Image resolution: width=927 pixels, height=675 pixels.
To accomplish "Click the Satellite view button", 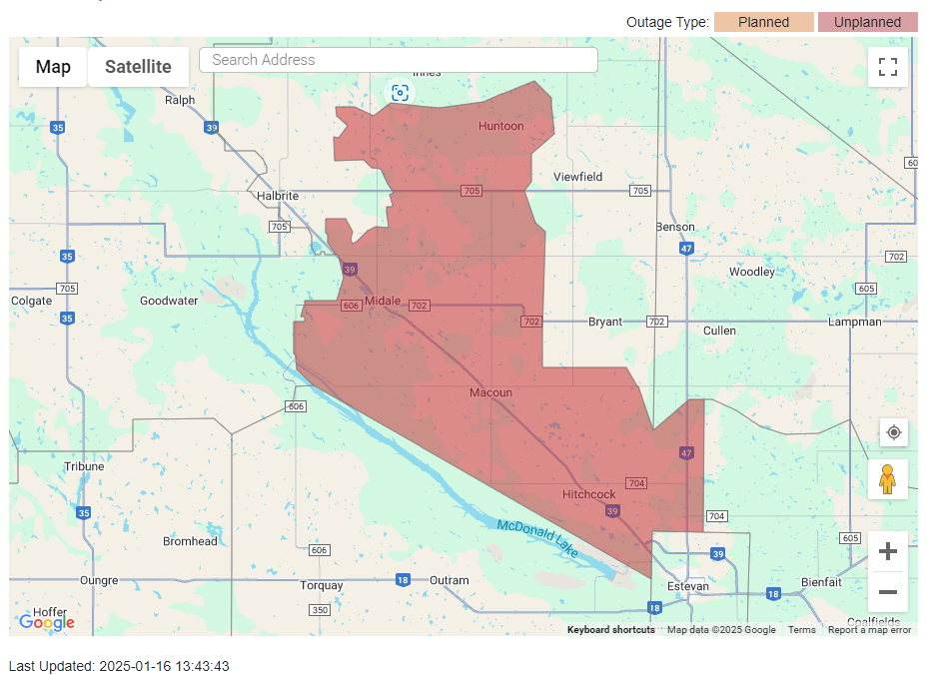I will coord(138,67).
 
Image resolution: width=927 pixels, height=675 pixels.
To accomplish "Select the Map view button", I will coord(53,67).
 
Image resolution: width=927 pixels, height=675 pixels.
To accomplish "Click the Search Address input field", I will coord(398,60).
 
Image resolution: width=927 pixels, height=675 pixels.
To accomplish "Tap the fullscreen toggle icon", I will coord(887,67).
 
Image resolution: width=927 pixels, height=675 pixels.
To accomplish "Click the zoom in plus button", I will coord(887,551).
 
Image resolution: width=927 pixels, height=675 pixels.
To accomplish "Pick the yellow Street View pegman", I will coord(887,479).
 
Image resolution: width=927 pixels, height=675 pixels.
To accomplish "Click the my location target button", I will coord(894,432).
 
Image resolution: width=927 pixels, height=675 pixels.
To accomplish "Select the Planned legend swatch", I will coord(763,22).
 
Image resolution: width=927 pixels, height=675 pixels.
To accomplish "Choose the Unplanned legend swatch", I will coord(867,22).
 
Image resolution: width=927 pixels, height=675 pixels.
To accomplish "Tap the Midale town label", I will coord(383,301).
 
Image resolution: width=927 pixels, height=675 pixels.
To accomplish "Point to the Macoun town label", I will coord(490,392).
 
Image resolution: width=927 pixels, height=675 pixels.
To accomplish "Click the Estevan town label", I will coord(689,586).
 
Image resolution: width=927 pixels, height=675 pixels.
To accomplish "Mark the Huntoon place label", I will coord(500,126).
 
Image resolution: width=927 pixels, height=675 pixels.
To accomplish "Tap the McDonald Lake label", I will coord(537,538).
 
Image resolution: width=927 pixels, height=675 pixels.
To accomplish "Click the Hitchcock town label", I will coord(588,494).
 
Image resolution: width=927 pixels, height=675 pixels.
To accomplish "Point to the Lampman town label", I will coord(854,322).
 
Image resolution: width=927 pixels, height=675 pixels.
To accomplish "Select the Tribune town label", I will coord(84,466).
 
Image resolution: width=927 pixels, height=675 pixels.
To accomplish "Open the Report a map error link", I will coord(869,630).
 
